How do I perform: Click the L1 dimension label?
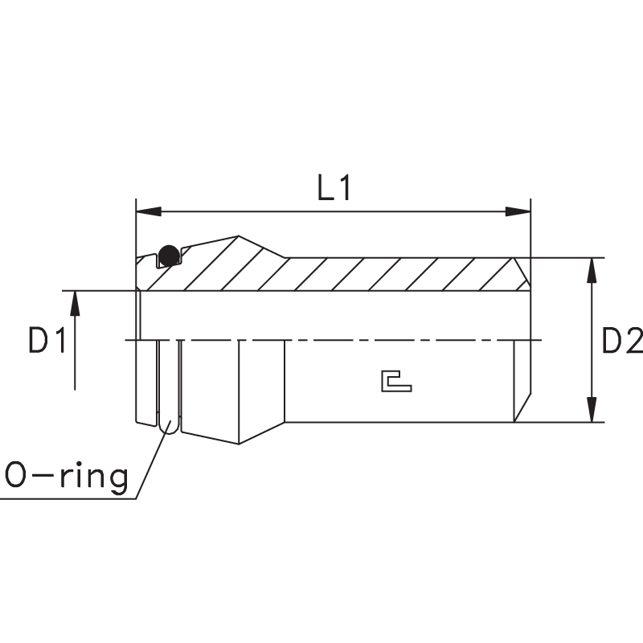pos(334,188)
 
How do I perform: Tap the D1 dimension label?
pos(47,340)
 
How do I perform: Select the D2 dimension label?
pos(621,340)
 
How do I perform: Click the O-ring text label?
pos(67,476)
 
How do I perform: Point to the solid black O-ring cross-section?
pos(169,255)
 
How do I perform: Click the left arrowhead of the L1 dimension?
pos(149,211)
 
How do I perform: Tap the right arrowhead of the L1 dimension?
pos(518,211)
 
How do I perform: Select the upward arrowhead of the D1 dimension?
pos(75,304)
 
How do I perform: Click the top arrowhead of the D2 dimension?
pos(592,271)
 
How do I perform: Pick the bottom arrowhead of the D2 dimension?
pos(592,409)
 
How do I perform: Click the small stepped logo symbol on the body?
pos(396,381)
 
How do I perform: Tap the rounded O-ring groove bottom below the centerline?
pos(169,428)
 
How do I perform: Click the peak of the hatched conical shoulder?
pos(239,236)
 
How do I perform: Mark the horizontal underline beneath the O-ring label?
pos(68,498)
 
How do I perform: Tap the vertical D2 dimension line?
pos(592,340)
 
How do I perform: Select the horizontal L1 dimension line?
pos(334,211)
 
